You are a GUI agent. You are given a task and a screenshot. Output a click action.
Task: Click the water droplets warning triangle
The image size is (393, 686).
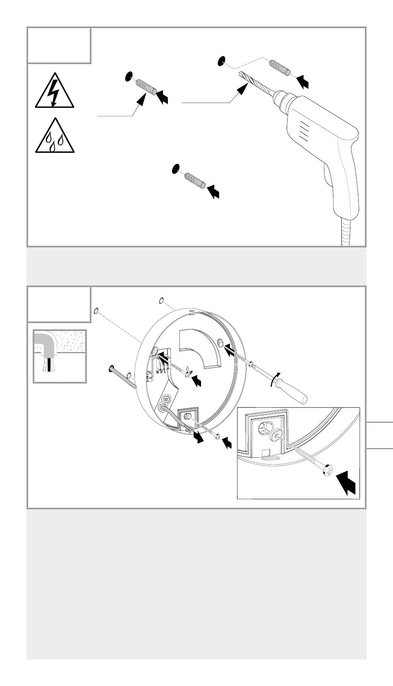[54, 137]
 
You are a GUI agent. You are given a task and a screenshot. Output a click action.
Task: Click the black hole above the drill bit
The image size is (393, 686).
[221, 61]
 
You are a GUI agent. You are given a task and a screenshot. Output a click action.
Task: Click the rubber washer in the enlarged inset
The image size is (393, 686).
[274, 436]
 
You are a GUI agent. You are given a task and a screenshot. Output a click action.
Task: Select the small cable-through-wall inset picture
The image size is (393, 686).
[60, 356]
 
